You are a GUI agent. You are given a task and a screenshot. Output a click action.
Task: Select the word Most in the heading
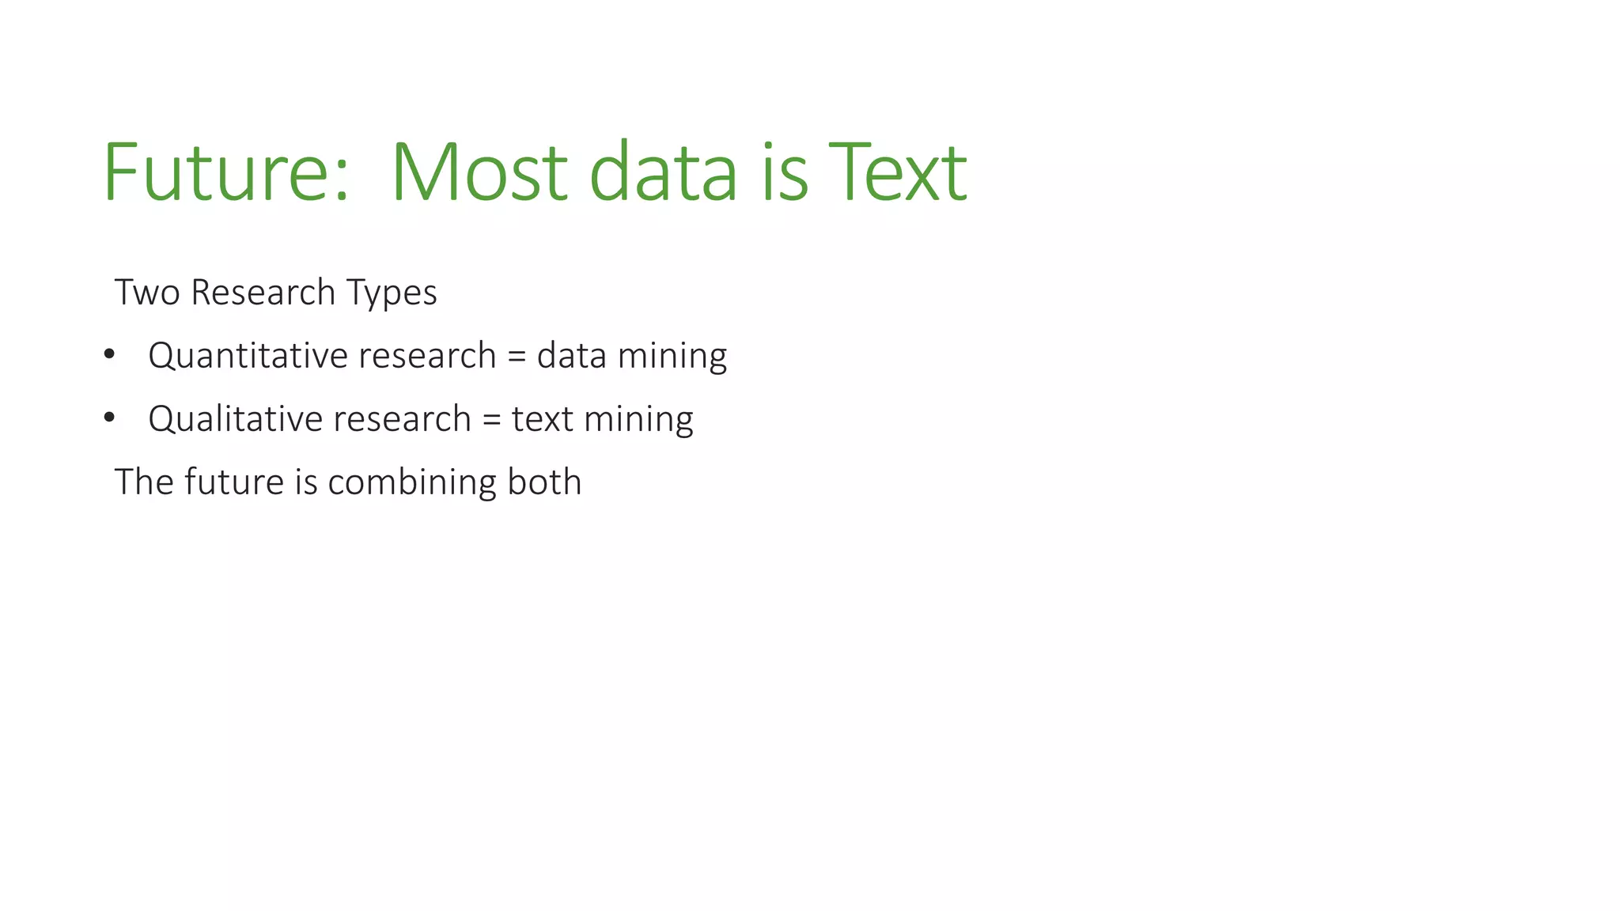point(479,172)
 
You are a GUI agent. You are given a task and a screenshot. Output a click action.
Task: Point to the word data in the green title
point(663,172)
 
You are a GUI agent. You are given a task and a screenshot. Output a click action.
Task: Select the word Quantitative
point(248,356)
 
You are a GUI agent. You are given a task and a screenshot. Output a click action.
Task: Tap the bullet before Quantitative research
point(109,353)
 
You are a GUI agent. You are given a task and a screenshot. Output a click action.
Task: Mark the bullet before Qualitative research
point(109,417)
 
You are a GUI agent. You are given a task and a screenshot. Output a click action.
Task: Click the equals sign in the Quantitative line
point(517,356)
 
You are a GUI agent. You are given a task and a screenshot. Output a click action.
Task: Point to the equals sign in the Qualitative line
point(491,419)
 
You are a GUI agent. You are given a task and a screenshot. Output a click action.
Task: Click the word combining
point(411,482)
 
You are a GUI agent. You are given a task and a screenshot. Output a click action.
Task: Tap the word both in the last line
point(544,482)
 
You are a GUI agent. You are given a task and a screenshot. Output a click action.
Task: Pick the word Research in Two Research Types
point(263,293)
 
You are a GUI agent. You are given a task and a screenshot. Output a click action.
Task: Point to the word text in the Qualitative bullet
point(542,419)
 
